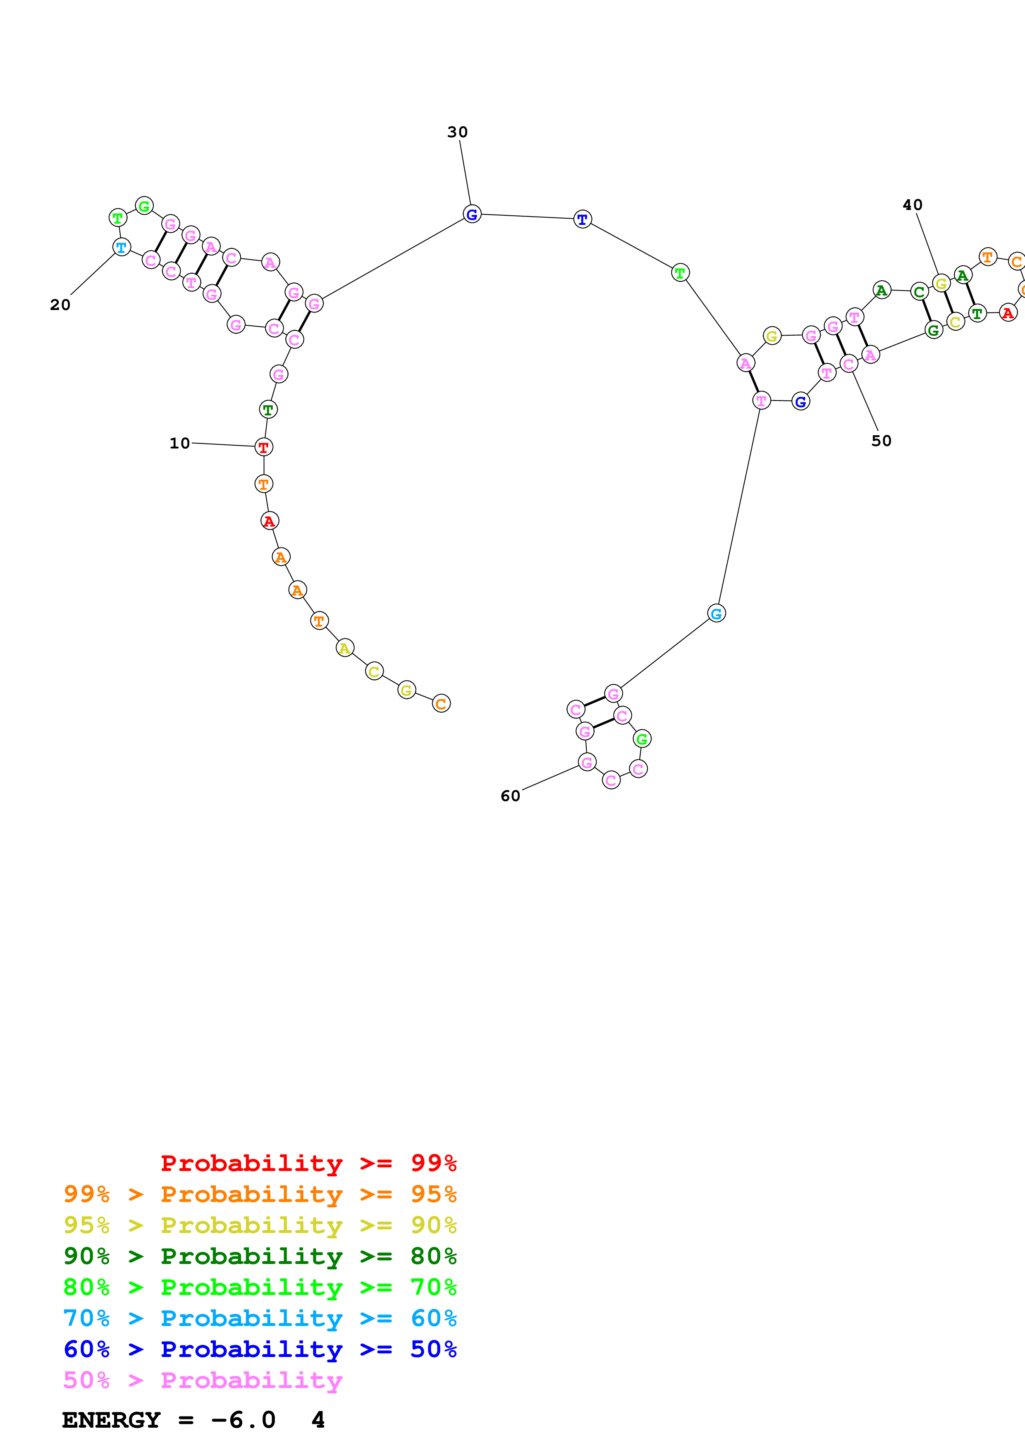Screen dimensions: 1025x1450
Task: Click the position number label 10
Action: coord(179,444)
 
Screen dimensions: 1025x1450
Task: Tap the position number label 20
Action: coord(60,305)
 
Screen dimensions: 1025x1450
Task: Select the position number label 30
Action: coord(457,132)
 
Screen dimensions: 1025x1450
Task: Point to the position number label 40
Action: coord(912,205)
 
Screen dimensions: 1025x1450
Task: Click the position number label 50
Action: coord(881,441)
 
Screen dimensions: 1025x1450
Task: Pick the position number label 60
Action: coord(510,796)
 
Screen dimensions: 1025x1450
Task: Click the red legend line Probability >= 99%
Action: coord(308,1163)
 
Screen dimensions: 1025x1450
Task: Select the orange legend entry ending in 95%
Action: coord(260,1194)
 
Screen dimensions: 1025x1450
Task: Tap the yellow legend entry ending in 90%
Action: coord(260,1225)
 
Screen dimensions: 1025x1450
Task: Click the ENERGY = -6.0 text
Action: coord(169,1420)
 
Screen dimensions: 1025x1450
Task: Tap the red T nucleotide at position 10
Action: coord(264,447)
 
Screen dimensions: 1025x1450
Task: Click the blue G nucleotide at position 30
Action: coord(472,214)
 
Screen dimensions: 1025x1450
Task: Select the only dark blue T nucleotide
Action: coord(582,219)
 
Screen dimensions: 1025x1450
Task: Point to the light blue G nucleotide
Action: coord(716,613)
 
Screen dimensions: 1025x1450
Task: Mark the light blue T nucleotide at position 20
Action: coord(121,247)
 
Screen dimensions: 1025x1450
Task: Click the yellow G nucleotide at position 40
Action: coord(941,284)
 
